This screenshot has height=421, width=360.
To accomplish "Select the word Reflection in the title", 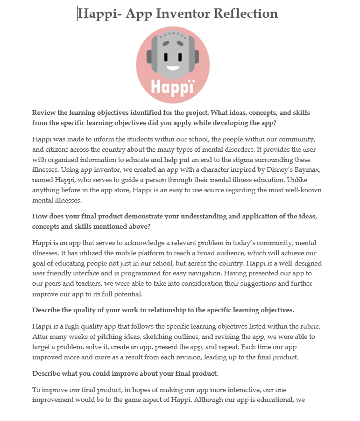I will point(245,14).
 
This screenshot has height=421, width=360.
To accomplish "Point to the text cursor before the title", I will point(78,14).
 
